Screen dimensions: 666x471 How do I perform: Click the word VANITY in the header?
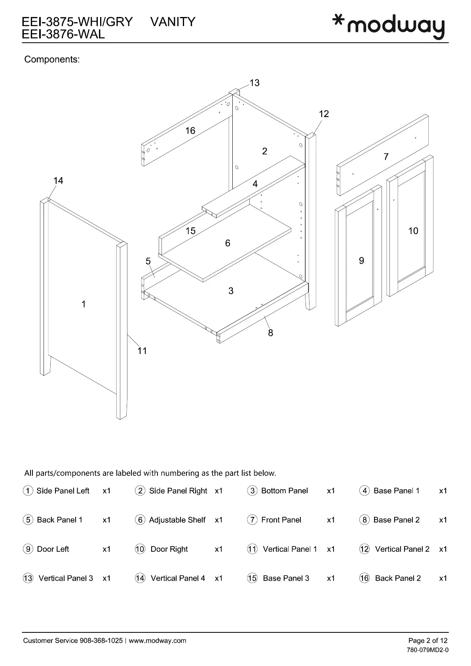click(x=173, y=22)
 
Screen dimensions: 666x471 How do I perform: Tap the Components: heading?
click(x=52, y=59)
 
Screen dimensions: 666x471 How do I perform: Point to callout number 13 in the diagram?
click(x=254, y=83)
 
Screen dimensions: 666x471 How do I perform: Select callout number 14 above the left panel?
click(x=58, y=181)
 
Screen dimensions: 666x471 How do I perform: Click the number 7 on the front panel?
click(x=386, y=157)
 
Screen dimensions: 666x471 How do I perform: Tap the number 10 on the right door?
click(x=413, y=231)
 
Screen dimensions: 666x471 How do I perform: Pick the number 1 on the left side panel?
click(x=84, y=304)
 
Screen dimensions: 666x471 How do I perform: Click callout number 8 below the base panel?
click(x=270, y=333)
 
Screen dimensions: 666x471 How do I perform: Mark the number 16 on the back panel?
click(x=190, y=131)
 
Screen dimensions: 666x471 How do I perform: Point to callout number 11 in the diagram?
click(x=142, y=351)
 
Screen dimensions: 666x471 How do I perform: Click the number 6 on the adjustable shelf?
click(x=228, y=243)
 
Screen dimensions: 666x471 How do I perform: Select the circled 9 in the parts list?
click(x=28, y=549)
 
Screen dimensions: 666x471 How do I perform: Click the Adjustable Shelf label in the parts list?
click(x=177, y=520)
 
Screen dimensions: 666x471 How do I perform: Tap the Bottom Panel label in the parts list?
click(x=284, y=491)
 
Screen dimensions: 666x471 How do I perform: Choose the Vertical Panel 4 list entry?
click(x=178, y=578)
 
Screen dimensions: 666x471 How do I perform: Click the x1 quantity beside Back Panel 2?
click(x=443, y=578)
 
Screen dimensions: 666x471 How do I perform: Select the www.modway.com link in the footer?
click(x=157, y=641)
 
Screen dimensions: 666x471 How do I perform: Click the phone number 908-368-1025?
click(x=101, y=641)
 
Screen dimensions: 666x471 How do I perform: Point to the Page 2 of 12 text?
click(x=428, y=641)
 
